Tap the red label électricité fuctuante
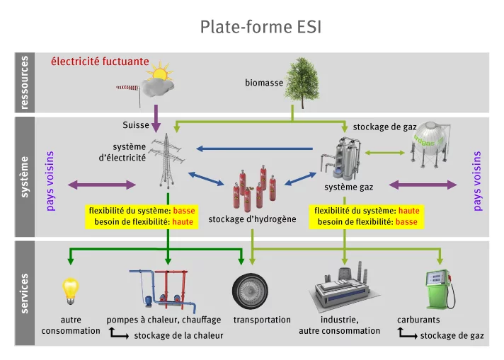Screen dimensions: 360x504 100,62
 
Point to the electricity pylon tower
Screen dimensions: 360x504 168,163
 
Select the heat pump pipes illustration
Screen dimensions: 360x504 165,290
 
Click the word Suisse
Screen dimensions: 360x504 136,125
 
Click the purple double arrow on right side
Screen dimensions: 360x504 423,185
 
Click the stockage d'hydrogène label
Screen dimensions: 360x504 252,219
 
